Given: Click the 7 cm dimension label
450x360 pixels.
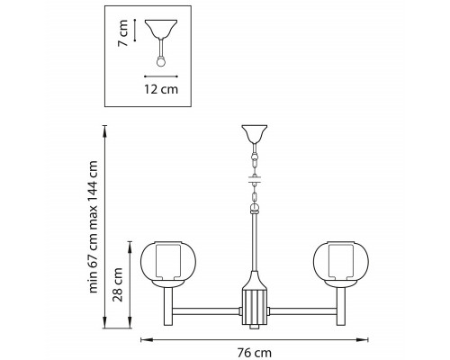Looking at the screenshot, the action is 123,33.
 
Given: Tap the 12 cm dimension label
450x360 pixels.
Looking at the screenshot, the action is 161,89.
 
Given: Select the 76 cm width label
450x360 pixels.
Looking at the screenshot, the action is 255,353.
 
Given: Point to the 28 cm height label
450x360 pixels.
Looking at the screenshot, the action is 118,284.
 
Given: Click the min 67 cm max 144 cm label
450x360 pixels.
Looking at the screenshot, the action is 94,227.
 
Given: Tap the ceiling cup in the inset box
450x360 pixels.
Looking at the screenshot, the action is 161,28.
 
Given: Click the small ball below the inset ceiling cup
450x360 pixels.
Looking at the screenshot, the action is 161,62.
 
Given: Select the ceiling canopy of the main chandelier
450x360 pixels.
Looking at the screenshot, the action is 255,134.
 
